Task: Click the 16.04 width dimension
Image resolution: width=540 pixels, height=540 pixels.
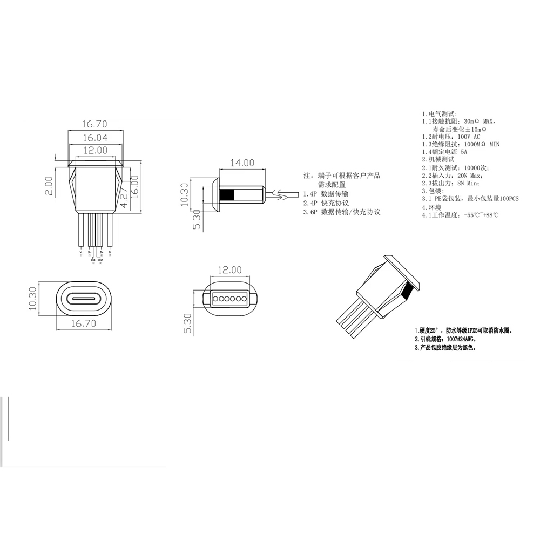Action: tap(94, 138)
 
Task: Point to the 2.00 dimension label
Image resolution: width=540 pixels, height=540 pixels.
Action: tap(49, 185)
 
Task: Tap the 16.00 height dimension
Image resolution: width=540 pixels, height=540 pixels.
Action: tap(134, 186)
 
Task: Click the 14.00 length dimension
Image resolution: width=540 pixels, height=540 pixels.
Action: tap(242, 163)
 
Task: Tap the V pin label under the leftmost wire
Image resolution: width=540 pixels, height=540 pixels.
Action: tap(81, 252)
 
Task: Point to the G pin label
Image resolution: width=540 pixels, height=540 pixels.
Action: tap(110, 252)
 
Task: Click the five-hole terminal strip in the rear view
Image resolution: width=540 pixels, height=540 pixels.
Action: tap(230, 297)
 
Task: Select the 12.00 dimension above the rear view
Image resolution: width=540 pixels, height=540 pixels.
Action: tap(230, 270)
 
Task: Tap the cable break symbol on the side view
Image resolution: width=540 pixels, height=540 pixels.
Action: tap(279, 194)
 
